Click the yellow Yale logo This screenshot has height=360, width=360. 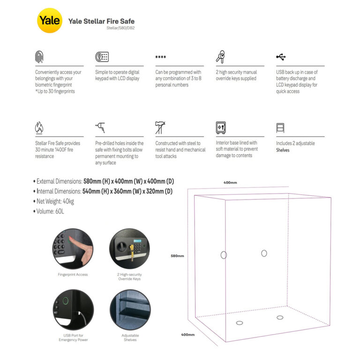[x=49, y=21]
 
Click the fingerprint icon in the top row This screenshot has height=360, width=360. [x=39, y=57]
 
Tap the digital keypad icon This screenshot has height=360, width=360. [x=102, y=57]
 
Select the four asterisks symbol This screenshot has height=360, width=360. [x=161, y=58]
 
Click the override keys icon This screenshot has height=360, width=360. [x=220, y=57]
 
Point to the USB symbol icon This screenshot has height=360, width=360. [x=281, y=57]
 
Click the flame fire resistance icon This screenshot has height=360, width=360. [x=39, y=127]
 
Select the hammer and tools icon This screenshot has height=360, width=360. [x=160, y=127]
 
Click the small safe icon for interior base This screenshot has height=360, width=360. [x=221, y=127]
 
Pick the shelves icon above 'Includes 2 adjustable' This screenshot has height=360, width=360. [x=280, y=127]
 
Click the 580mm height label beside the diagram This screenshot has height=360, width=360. [x=177, y=256]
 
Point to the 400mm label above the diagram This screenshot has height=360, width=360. [x=230, y=182]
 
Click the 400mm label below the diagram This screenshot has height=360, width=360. [x=187, y=335]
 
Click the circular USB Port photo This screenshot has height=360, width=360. [x=72, y=310]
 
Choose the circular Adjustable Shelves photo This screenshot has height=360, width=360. [x=130, y=310]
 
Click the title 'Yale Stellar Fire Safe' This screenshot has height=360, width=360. [x=101, y=21]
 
